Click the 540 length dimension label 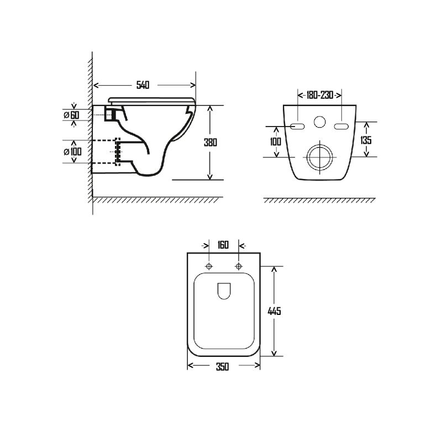click(143, 85)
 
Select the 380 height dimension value click(211, 143)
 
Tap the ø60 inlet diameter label click(72, 115)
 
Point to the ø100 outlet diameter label click(73, 151)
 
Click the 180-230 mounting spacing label click(320, 95)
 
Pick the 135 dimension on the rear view click(366, 140)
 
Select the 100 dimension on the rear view click(275, 141)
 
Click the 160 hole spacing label click(223, 245)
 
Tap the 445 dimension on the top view click(274, 311)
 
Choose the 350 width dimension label click(223, 367)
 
